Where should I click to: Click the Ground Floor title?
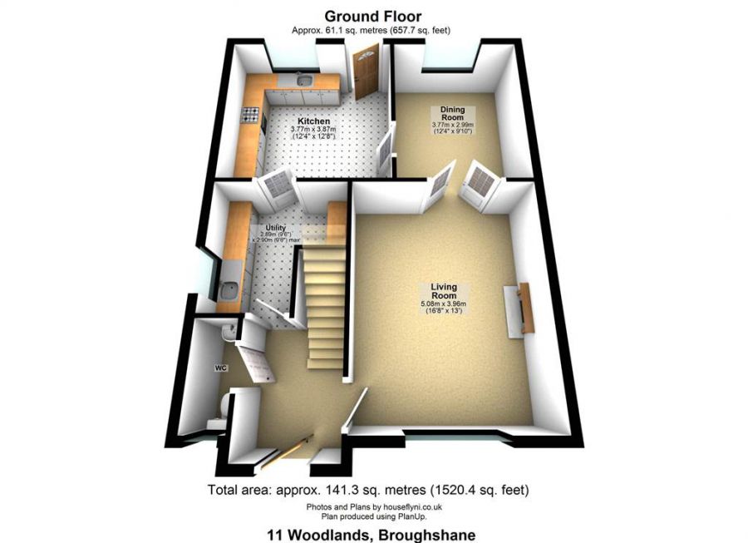coord(372,16)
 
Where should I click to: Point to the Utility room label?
coord(276,227)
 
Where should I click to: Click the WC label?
coord(221,367)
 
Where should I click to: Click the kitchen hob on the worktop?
coord(249,116)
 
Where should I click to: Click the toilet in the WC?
coord(220,407)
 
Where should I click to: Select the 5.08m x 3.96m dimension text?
coord(443,304)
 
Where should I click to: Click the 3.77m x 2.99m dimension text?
coord(452,126)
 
